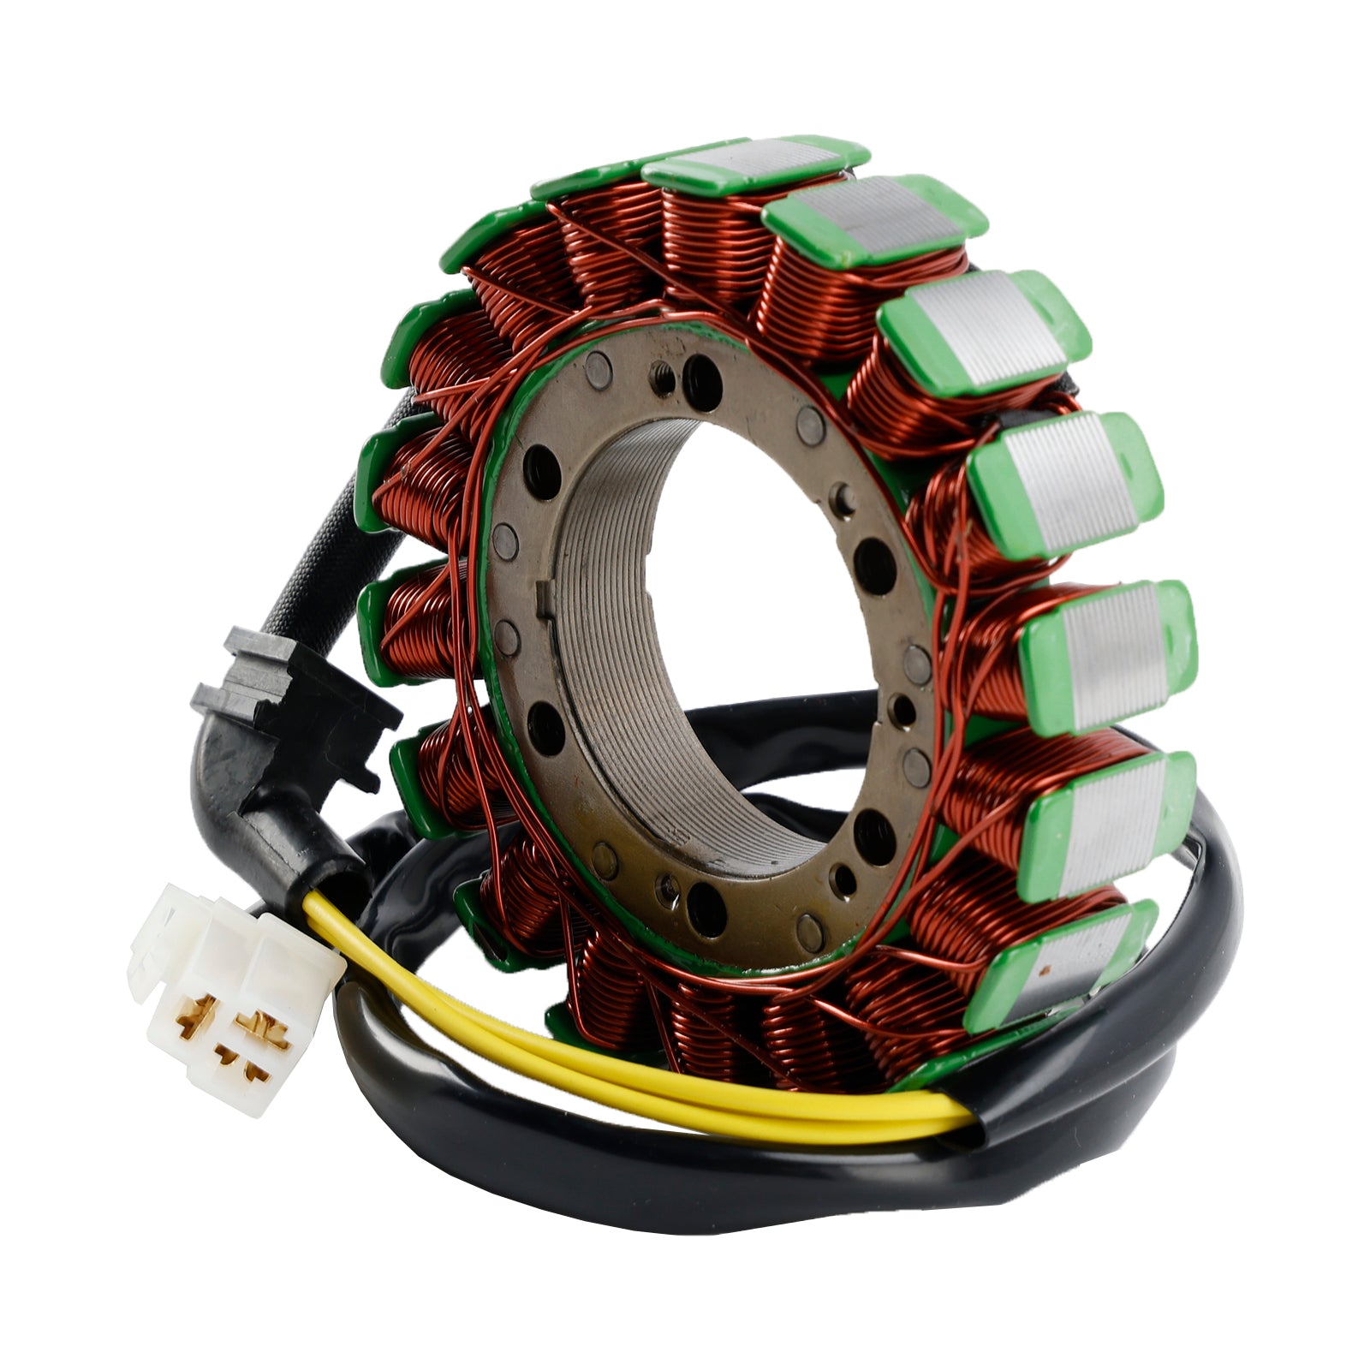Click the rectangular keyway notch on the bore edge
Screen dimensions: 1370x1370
[542, 599]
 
